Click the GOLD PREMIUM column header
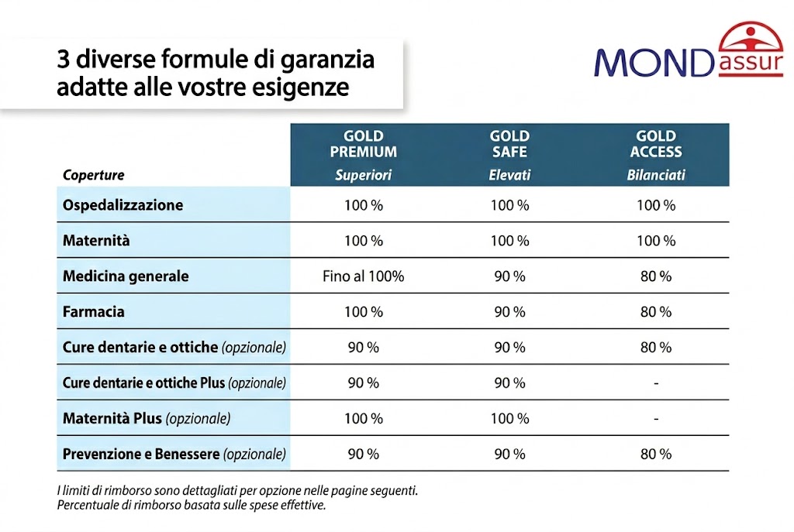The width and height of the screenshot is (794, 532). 363,144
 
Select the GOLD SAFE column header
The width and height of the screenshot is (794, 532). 509,144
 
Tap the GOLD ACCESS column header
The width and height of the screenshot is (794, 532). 656,144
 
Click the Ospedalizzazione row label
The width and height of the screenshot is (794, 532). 123,205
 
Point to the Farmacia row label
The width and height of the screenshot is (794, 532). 94,312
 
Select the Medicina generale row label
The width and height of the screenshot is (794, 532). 126,276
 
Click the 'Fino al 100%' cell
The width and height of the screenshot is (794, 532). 363,276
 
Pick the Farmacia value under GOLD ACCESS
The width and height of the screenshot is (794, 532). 656,312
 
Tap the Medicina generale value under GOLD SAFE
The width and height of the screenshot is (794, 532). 509,276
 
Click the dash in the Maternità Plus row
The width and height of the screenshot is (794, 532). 656,419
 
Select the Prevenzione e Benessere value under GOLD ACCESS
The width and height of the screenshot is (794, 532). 656,455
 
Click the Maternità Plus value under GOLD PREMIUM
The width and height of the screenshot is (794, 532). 363,419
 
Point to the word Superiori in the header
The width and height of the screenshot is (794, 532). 363,175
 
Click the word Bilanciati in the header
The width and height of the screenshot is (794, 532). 656,175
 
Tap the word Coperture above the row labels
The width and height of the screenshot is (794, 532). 93,175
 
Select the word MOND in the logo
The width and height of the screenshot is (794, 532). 653,62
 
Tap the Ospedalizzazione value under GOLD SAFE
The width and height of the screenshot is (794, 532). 509,205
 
